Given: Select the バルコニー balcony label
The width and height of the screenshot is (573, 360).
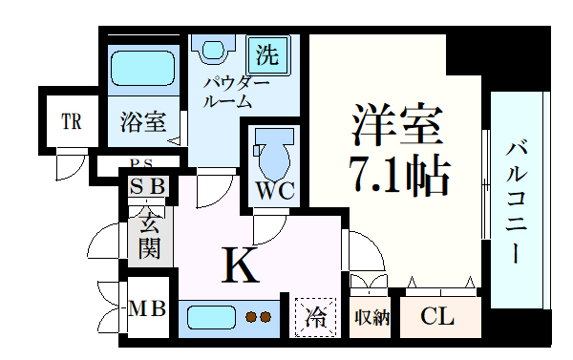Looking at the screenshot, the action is [x=516, y=201].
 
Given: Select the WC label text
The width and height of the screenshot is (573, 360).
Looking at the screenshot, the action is [x=274, y=191].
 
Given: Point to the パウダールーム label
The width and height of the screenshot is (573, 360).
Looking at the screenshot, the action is [x=228, y=91].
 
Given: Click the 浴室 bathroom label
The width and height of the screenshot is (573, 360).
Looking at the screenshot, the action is [x=143, y=122].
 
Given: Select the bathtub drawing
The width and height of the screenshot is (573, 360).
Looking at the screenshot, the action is [x=142, y=68].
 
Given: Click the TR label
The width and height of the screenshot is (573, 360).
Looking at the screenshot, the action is [x=72, y=122].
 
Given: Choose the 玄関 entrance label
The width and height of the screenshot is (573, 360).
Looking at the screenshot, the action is [x=150, y=238].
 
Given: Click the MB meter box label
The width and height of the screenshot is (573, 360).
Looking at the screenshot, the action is [x=147, y=308].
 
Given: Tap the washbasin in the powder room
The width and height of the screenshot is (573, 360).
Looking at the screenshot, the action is [x=210, y=47].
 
